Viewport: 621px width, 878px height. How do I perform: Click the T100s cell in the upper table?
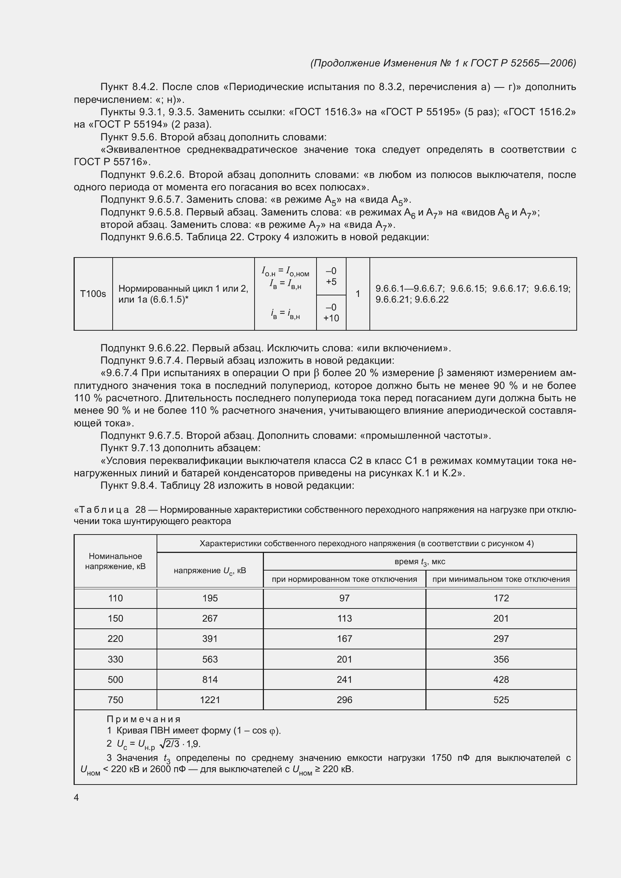[x=93, y=294]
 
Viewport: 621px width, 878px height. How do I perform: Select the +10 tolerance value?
[x=331, y=318]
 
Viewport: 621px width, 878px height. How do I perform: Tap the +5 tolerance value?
[x=331, y=282]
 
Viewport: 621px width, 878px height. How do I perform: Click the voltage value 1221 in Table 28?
[x=210, y=700]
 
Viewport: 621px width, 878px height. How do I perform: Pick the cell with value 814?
[x=210, y=679]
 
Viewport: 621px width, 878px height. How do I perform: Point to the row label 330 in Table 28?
[x=115, y=659]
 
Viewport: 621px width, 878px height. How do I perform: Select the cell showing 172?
[x=501, y=598]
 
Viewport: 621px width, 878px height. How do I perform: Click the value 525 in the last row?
[x=501, y=700]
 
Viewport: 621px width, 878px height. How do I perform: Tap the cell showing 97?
[x=344, y=598]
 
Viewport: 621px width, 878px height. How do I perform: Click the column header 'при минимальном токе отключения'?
[x=501, y=579]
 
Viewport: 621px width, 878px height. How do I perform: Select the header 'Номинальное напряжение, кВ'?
[x=115, y=561]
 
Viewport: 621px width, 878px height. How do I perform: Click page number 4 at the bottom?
[x=76, y=797]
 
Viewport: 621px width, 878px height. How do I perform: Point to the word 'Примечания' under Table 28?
[x=143, y=719]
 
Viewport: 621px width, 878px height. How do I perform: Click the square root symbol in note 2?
[x=162, y=744]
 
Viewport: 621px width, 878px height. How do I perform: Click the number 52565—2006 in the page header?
[x=543, y=63]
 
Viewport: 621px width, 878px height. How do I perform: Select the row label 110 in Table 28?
[x=115, y=598]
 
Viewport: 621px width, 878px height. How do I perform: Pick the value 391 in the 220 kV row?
[x=210, y=639]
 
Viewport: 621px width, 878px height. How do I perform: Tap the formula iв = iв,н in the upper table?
[x=285, y=314]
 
